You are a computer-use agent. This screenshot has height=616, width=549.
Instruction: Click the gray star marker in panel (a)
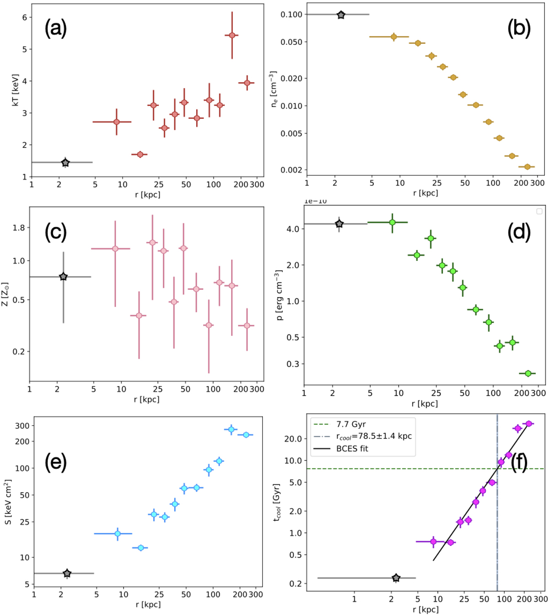pos(65,162)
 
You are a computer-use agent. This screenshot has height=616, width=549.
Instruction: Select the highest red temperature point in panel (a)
pos(232,35)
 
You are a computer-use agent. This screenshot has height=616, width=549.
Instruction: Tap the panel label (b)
pos(519,28)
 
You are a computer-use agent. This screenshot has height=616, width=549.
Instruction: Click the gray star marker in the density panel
pos(341,15)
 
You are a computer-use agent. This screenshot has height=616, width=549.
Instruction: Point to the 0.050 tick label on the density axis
pos(291,42)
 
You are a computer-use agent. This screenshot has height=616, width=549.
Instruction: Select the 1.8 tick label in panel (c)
pos(19,228)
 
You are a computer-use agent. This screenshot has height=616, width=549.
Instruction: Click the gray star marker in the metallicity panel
pos(64,277)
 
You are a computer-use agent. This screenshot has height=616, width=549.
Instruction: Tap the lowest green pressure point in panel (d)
pos(528,374)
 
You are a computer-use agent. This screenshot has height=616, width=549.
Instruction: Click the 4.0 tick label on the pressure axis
pos(293,229)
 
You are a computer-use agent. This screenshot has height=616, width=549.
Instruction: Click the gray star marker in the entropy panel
pos(67,573)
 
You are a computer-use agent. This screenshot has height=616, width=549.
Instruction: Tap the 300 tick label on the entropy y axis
pos(22,426)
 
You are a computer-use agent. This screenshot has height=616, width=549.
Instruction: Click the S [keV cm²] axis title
pos(9,502)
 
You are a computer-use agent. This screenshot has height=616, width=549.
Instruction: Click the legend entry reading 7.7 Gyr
pos(351,424)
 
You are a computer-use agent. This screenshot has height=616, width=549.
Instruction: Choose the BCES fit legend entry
pos(352,449)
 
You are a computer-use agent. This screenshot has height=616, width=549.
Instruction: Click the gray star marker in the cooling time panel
pos(396,578)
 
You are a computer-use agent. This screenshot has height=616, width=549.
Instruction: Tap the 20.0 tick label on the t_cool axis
pos(293,439)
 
